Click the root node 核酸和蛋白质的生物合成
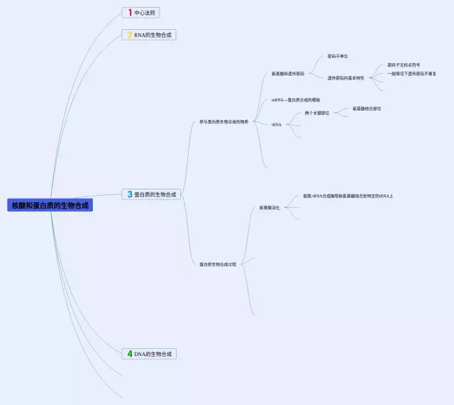52,205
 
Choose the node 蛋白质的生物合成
155,194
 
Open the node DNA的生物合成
153,353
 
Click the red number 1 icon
130,12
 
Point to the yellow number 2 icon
129,34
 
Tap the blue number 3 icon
129,194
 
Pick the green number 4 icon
129,353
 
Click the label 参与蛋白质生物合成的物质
223,121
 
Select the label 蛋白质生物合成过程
218,264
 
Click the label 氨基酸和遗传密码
288,73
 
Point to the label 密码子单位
338,56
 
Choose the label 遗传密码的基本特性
345,78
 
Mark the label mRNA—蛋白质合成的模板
296,100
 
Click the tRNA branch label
277,124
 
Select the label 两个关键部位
317,113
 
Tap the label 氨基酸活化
270,207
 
